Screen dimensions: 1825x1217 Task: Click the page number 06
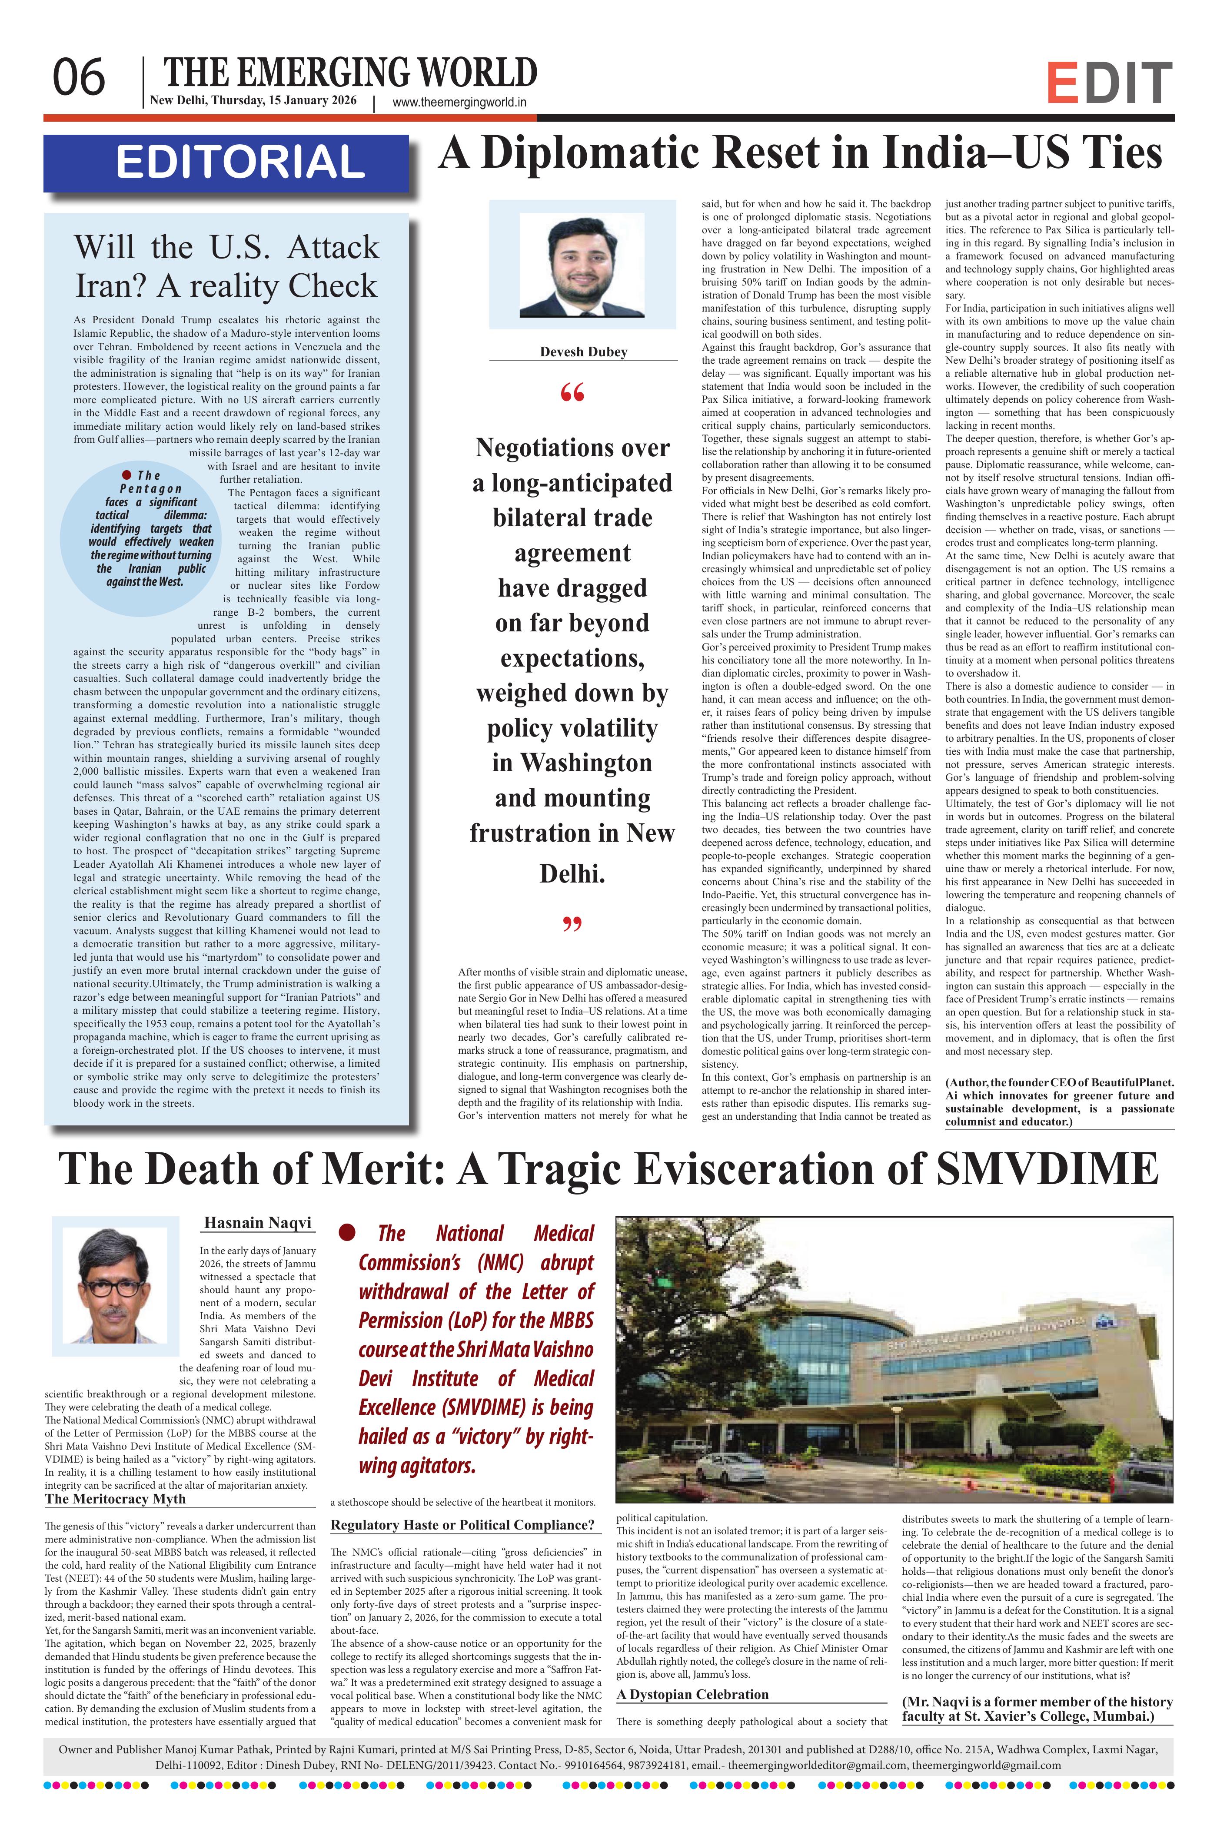coord(78,78)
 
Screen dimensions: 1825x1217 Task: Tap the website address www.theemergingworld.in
coord(459,102)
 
